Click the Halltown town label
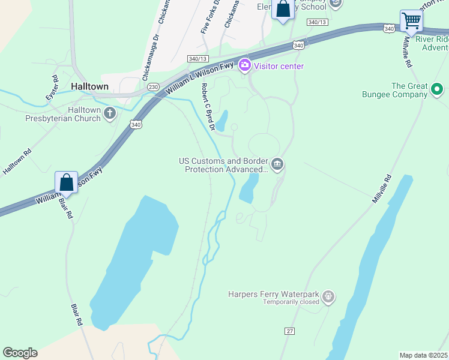tap(89, 86)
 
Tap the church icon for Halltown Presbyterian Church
tap(110, 113)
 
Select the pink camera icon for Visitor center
tap(244, 65)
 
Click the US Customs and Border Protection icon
tap(277, 164)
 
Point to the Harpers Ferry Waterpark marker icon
tap(328, 296)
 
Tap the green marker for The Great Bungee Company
tap(437, 90)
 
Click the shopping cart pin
tap(411, 21)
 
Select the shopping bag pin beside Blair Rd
tap(66, 182)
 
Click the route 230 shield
tap(153, 86)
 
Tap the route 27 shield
tap(291, 331)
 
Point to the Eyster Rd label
tap(52, 88)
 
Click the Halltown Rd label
tap(16, 162)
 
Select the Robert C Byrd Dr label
tap(208, 106)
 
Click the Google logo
tap(20, 353)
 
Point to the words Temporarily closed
tap(291, 302)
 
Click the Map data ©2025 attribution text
tap(423, 355)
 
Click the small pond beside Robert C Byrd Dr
tap(221, 120)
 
